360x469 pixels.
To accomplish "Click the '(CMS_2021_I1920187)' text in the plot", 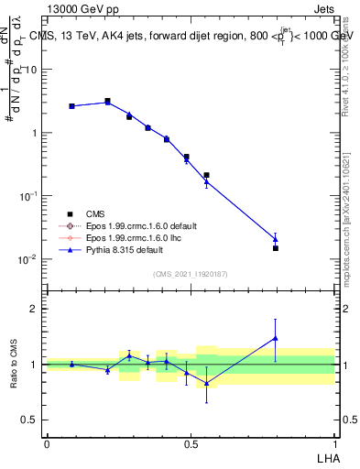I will pyautogui.click(x=191, y=272).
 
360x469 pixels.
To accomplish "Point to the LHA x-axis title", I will pyautogui.click(x=326, y=455).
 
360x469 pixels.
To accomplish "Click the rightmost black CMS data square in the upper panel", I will pyautogui.click(x=275, y=248).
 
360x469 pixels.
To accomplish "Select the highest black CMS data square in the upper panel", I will pyautogui.click(x=107, y=101).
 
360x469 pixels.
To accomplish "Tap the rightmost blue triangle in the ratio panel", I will pyautogui.click(x=275, y=338).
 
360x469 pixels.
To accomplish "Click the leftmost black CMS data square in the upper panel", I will pyautogui.click(x=71, y=106).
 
